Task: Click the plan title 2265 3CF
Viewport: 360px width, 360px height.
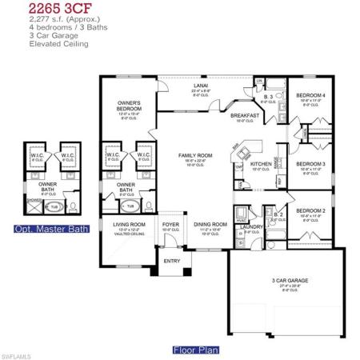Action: pyautogui.click(x=36, y=8)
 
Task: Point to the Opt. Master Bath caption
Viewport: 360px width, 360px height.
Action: pyautogui.click(x=47, y=230)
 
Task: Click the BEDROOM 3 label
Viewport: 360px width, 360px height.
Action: pyautogui.click(x=310, y=164)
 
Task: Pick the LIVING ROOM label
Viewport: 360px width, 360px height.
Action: pyautogui.click(x=129, y=225)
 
